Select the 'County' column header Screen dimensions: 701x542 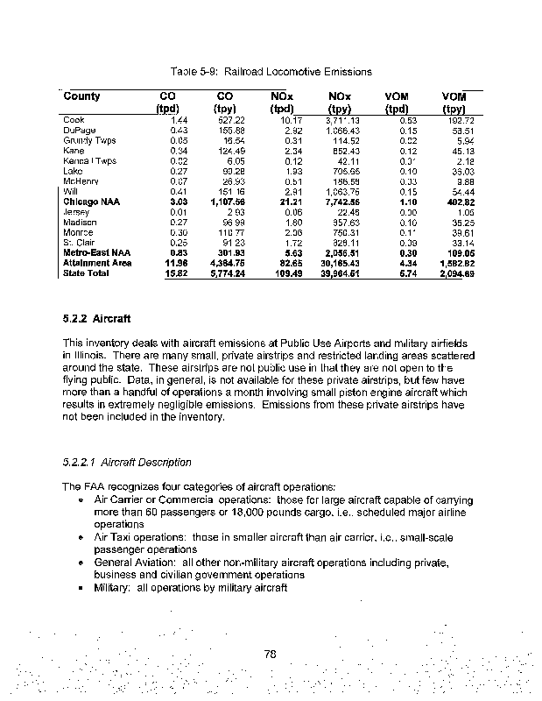coord(82,96)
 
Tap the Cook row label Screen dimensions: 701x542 coord(74,119)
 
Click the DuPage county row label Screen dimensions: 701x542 coord(79,130)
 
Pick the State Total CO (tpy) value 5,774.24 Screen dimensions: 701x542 coord(231,274)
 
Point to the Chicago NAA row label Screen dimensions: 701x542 coord(92,202)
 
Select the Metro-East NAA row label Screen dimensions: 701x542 coord(96,252)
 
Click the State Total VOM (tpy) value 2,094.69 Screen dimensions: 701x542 coord(455,274)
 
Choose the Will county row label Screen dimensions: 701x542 coord(71,191)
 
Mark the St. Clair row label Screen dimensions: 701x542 coord(77,242)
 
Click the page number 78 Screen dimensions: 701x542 coord(271,652)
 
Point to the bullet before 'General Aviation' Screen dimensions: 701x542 coord(81,563)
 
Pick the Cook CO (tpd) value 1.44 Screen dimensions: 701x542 coord(180,119)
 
